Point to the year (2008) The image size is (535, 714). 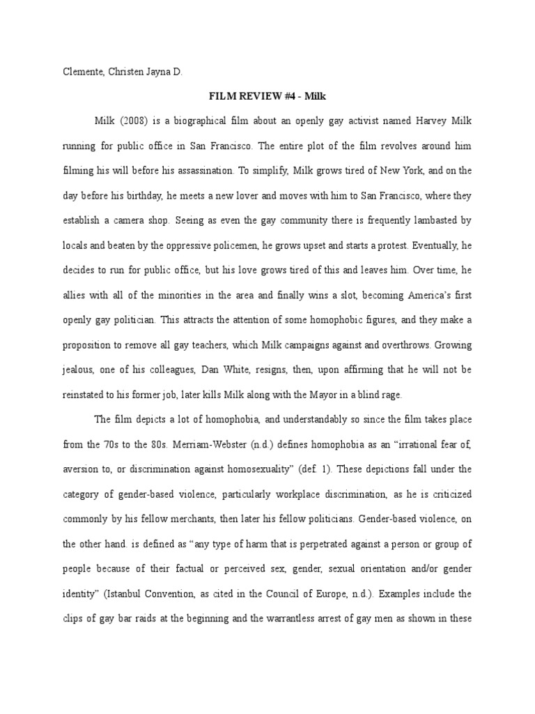point(130,121)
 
